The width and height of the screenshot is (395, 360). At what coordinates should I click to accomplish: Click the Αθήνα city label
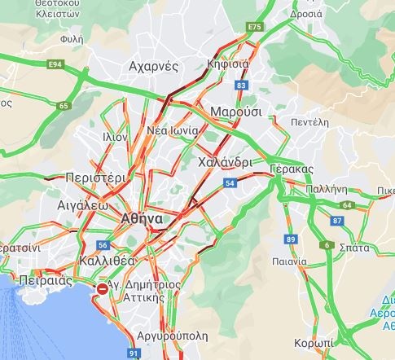click(x=140, y=219)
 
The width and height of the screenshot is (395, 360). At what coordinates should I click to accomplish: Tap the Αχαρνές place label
click(x=153, y=67)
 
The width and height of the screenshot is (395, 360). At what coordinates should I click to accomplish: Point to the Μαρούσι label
click(x=235, y=111)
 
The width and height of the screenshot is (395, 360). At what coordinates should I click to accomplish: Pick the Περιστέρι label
click(x=94, y=177)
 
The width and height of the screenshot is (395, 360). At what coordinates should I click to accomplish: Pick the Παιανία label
click(x=289, y=262)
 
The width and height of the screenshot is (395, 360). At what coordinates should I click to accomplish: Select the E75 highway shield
click(x=256, y=28)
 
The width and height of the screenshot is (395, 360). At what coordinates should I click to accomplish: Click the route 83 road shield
click(x=240, y=85)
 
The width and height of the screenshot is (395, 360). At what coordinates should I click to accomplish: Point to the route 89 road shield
click(x=291, y=239)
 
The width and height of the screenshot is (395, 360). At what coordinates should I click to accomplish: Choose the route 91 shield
click(x=134, y=353)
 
